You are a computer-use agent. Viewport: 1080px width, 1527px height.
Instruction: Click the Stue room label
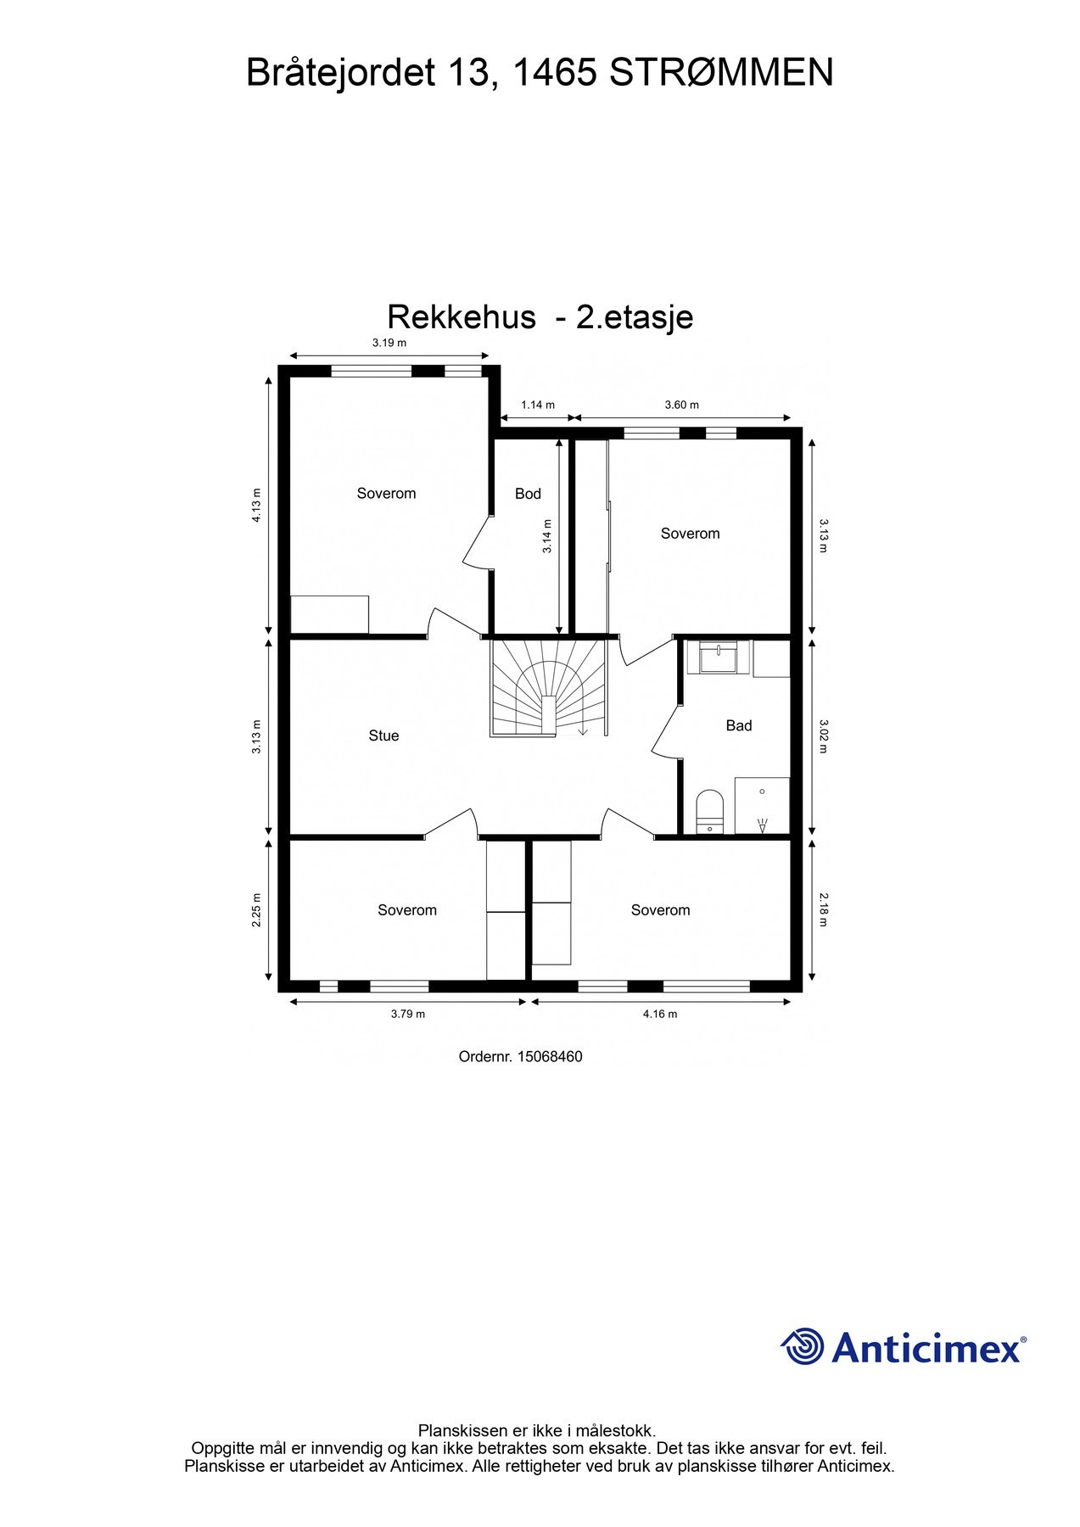click(x=383, y=736)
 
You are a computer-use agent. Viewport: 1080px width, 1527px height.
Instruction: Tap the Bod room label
click(x=528, y=494)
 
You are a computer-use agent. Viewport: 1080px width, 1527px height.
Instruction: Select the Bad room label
click(x=739, y=725)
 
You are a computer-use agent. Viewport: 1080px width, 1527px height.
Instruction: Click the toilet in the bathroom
click(x=709, y=810)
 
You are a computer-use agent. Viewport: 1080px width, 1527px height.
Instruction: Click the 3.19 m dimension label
click(x=389, y=343)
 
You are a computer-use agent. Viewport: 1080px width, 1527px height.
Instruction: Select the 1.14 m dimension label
click(x=538, y=405)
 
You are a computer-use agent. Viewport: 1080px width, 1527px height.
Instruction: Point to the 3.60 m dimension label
click(x=682, y=405)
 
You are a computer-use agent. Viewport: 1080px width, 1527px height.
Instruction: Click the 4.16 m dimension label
click(x=660, y=1013)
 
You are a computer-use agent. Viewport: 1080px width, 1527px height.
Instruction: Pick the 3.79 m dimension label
click(x=408, y=1013)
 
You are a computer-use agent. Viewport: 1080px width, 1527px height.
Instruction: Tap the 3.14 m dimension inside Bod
click(x=548, y=536)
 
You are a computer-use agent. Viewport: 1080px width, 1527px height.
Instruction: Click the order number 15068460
click(x=550, y=1057)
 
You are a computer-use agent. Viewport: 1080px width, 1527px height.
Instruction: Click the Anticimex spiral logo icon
click(x=803, y=1347)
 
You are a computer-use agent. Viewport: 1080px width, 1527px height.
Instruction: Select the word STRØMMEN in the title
click(x=721, y=73)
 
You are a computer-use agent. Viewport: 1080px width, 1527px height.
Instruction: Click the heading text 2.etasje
click(x=635, y=317)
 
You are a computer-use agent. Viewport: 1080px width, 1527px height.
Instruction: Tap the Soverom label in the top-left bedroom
click(x=386, y=494)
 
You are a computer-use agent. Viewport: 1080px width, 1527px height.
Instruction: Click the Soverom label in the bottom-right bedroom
click(x=660, y=910)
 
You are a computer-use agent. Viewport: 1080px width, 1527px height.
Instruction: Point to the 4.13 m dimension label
click(x=257, y=505)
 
